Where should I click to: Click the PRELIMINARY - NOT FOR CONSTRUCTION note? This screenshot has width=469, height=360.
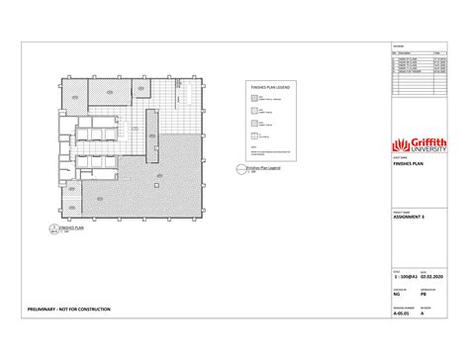click(x=70, y=310)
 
